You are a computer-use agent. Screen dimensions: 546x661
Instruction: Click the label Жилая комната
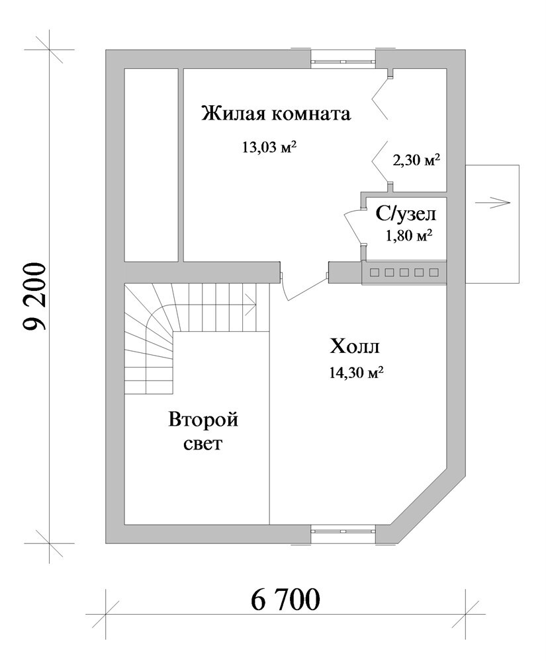click(x=276, y=114)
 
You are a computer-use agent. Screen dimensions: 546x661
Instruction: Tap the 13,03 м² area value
click(x=269, y=147)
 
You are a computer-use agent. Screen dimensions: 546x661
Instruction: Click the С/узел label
click(x=406, y=215)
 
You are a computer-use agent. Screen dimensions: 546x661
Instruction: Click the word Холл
click(x=355, y=348)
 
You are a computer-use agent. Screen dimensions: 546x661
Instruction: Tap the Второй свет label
click(x=203, y=432)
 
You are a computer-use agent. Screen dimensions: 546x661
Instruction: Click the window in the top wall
click(x=343, y=61)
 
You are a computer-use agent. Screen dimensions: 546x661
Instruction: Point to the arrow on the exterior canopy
click(x=492, y=202)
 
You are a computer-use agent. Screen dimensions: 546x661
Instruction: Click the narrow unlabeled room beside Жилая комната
click(x=151, y=165)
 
